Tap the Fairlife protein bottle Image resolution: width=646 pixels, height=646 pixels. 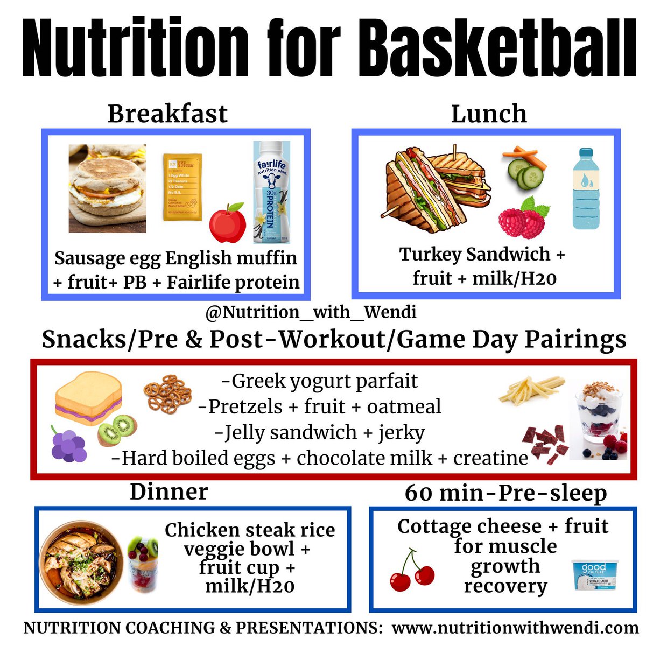click(x=272, y=192)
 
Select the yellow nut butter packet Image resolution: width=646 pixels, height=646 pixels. click(x=183, y=187)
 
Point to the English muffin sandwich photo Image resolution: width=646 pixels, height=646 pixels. click(x=107, y=188)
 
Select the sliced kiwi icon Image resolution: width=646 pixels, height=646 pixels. click(x=117, y=428)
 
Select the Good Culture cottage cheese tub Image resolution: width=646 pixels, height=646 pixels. click(x=593, y=577)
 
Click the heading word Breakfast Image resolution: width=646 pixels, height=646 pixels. click(x=167, y=114)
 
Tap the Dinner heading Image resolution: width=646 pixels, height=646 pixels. click(x=168, y=492)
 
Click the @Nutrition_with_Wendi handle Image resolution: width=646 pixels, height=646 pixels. click(x=311, y=312)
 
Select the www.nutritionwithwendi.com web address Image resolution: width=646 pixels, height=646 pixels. click(x=515, y=628)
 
